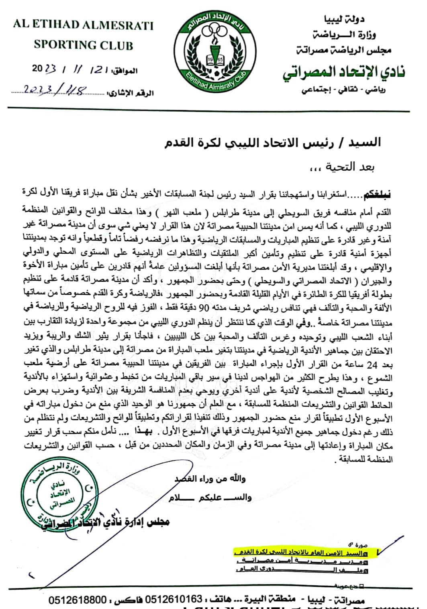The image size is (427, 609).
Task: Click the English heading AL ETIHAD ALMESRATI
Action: point(83,25)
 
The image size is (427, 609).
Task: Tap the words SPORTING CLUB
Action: point(83,45)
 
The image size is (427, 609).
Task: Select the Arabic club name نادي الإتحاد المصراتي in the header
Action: point(344,71)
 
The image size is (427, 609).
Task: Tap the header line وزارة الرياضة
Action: point(348,35)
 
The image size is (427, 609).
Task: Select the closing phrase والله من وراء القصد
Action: point(210,479)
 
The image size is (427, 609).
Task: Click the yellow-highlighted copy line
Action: point(305,553)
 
